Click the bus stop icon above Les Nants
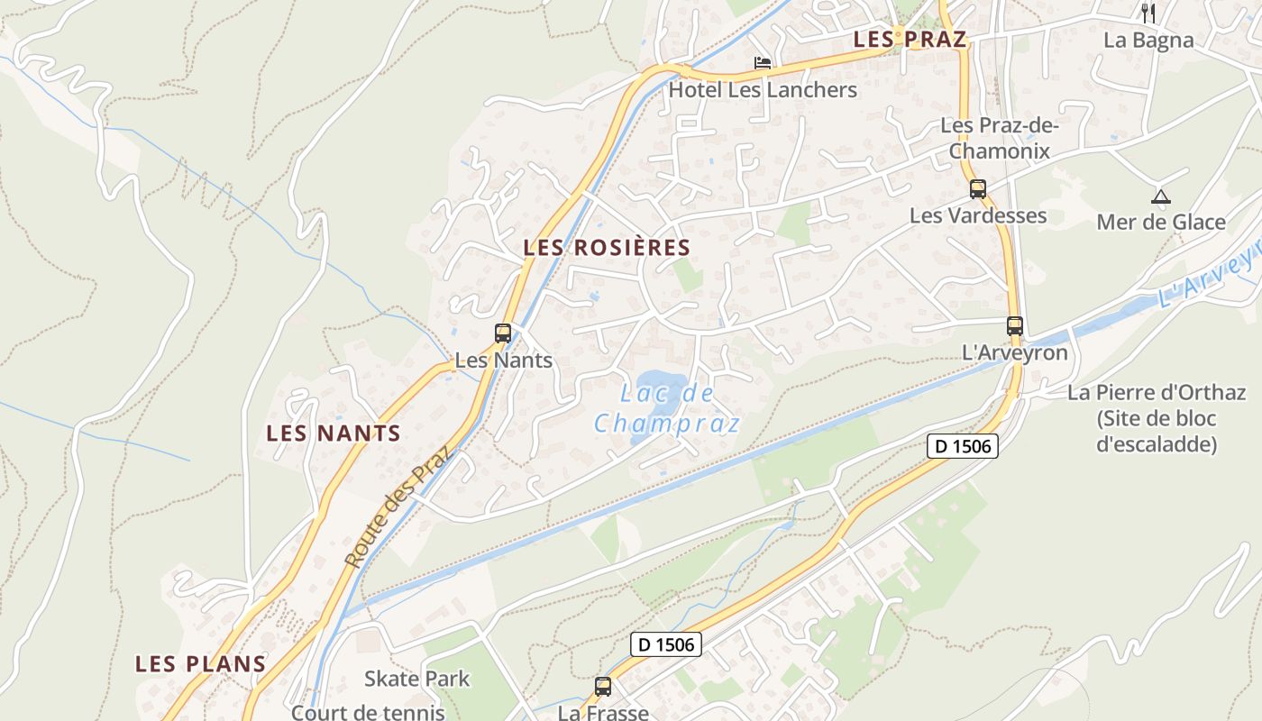point(503,333)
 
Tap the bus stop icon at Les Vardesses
point(978,189)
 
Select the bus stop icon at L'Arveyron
point(1015,326)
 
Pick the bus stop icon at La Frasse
point(603,687)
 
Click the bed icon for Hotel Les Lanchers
point(763,63)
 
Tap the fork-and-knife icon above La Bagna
point(1148,13)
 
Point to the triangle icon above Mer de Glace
point(1161,196)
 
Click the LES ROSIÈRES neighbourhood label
point(607,248)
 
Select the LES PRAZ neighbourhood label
point(910,40)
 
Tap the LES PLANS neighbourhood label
point(200,664)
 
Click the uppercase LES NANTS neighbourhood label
point(334,434)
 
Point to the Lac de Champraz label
point(667,408)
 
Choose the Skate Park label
point(416,679)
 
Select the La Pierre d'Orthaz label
point(1157,418)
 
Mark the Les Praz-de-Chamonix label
point(999,138)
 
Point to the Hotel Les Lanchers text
point(763,90)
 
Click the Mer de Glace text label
point(1161,222)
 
